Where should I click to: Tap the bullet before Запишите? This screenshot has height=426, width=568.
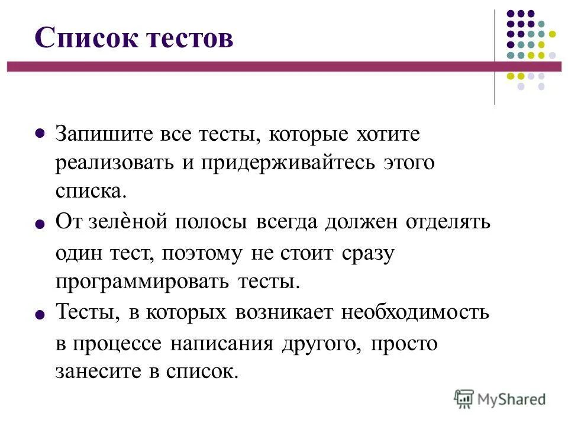[x=40, y=134]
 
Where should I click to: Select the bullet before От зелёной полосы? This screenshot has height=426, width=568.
[x=40, y=225]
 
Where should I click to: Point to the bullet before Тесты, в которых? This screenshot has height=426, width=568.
[x=40, y=315]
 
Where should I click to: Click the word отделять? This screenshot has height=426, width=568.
[x=448, y=222]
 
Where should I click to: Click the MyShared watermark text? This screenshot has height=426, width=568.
[x=512, y=399]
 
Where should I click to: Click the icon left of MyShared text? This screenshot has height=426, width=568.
[x=464, y=399]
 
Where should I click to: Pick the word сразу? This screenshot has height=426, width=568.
[x=367, y=253]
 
